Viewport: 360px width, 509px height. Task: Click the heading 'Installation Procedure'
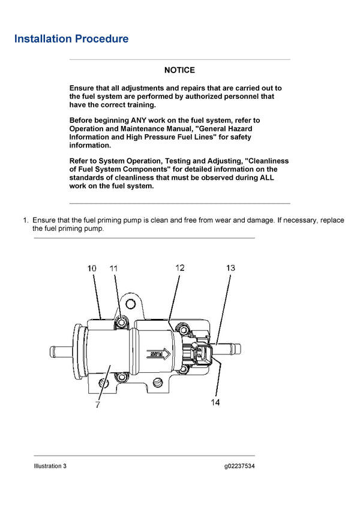[x=71, y=39]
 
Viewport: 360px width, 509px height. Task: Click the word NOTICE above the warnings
[x=179, y=70]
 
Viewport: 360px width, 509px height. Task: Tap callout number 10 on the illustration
[x=92, y=269]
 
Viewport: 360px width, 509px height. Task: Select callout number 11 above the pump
[x=114, y=269]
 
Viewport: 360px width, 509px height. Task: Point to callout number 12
[x=179, y=268]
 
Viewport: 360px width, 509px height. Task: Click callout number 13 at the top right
[x=230, y=268]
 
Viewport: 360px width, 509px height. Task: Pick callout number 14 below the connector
[x=215, y=402]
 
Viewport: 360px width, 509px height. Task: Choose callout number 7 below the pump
[x=97, y=405]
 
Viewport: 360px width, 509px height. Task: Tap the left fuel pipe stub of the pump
[x=60, y=350]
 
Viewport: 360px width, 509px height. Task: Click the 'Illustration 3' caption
[x=50, y=466]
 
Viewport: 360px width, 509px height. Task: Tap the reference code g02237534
[x=239, y=466]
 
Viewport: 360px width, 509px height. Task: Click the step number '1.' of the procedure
[x=26, y=220]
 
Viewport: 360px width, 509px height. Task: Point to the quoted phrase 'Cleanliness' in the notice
[x=263, y=161]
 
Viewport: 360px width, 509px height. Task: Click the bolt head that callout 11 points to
[x=122, y=323]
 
